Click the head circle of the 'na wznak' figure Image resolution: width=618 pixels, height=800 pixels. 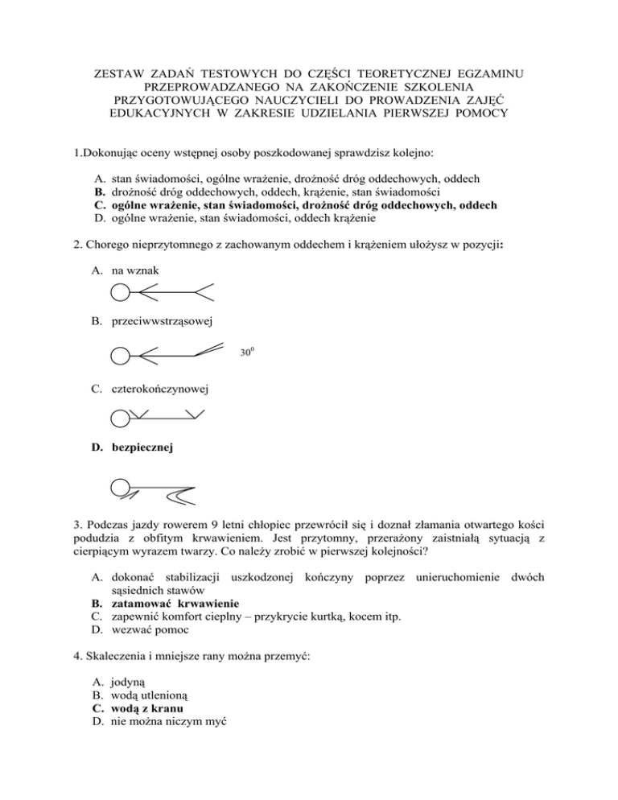click(119, 290)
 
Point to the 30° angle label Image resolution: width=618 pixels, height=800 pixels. click(246, 352)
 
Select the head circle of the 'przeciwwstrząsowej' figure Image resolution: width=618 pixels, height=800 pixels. click(119, 355)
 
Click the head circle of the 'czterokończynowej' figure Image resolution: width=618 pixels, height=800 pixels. click(119, 417)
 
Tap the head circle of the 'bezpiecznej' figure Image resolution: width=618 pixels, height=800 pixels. click(120, 487)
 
